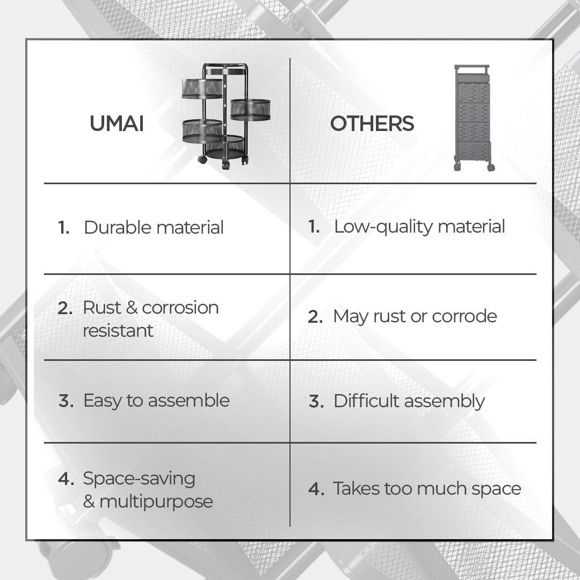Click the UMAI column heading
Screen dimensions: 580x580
[x=117, y=124]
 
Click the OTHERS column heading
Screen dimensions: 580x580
[x=372, y=124]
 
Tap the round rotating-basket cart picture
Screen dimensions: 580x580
[x=226, y=116]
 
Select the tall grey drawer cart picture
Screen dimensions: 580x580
[x=474, y=118]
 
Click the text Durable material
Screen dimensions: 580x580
[x=154, y=227]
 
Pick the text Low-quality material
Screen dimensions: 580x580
[x=419, y=227]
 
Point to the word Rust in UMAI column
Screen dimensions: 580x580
[x=102, y=307]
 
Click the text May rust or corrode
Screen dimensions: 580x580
[x=415, y=316]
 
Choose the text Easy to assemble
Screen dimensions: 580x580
[x=156, y=401]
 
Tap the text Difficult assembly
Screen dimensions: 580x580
[x=409, y=401]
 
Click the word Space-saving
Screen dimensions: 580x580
[x=139, y=479]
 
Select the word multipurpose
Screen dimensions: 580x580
[x=156, y=502]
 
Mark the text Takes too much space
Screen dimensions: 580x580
[x=427, y=489]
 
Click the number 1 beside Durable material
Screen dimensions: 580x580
[x=63, y=227]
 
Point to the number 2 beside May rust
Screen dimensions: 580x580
[x=315, y=317]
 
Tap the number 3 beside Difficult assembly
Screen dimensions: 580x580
[x=316, y=401]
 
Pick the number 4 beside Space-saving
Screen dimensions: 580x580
[x=66, y=479]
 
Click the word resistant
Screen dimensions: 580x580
[x=118, y=331]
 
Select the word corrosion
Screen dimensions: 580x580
[x=180, y=308]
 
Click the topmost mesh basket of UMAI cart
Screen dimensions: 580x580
[x=202, y=89]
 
